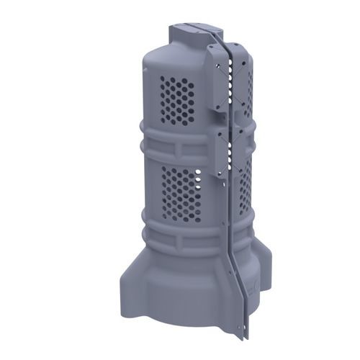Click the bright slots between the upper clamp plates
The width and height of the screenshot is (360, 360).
[x=231, y=79]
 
